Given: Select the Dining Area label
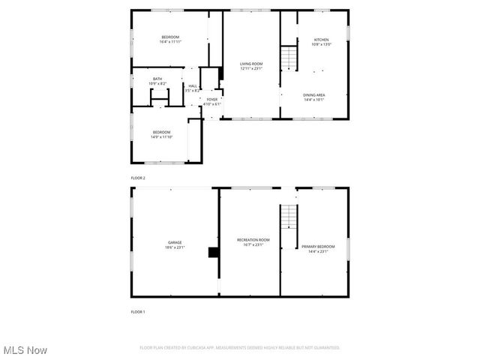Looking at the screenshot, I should [313, 96].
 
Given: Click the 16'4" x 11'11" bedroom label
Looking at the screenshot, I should [171, 40].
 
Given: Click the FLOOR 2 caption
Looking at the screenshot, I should [138, 178].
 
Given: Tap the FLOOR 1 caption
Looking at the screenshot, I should [138, 311].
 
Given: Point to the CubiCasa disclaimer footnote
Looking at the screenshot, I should [240, 348].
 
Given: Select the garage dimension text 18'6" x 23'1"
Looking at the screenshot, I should [175, 247].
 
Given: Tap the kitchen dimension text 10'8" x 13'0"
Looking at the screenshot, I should [321, 44].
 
